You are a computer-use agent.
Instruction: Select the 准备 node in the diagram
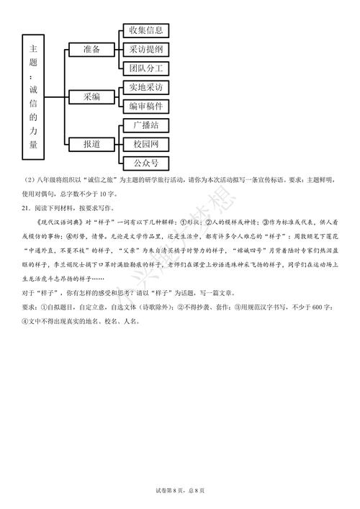pyautogui.click(x=91, y=49)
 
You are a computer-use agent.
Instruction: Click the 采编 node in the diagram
pyautogui.click(x=91, y=96)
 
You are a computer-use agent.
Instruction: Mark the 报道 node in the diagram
pyautogui.click(x=91, y=144)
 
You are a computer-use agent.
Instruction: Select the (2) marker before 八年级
pyautogui.click(x=27, y=180)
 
